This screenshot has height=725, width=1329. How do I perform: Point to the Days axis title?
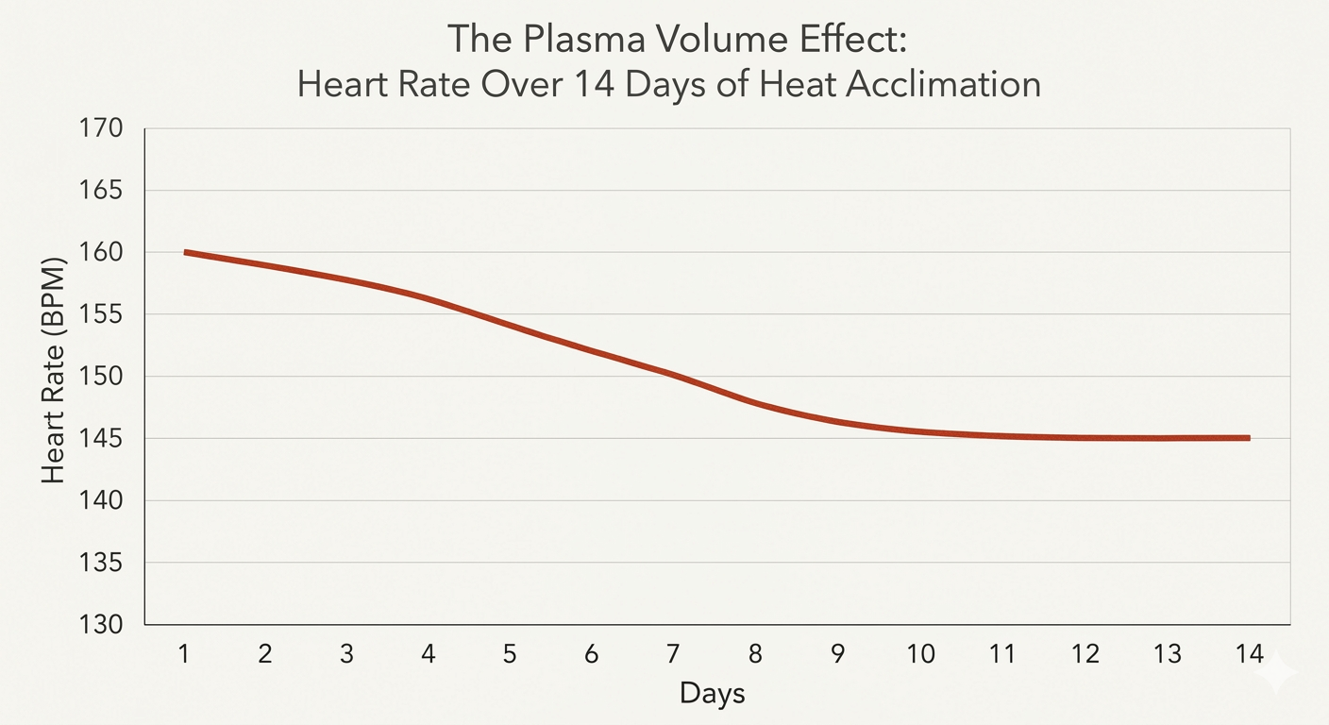pos(712,694)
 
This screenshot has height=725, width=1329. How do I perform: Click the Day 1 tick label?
pos(185,653)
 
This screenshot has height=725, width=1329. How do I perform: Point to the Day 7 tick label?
pos(673,653)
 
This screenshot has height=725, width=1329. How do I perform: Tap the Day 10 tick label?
pos(920,653)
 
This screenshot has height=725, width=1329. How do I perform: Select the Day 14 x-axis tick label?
pos(1249,653)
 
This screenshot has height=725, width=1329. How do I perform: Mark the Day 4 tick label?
pos(429,653)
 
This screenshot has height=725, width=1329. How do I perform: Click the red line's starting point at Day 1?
pos(186,252)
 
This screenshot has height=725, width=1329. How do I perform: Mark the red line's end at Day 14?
pos(1248,438)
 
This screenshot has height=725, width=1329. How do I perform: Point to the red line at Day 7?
pos(673,375)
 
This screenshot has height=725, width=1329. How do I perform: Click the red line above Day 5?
pos(510,326)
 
